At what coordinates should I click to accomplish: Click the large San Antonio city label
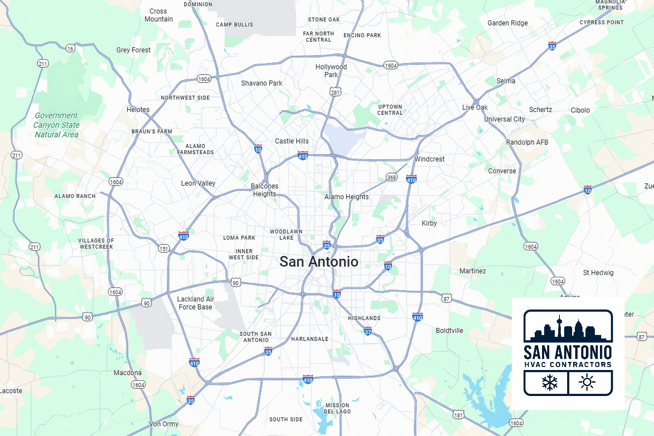tap(319, 261)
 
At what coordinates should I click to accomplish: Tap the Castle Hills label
tap(292, 141)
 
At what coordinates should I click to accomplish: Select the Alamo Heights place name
tap(346, 197)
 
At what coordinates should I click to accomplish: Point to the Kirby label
tap(429, 223)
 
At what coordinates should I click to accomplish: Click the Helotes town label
tap(138, 109)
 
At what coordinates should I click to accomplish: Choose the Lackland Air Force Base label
tap(195, 303)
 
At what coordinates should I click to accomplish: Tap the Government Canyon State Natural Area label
tap(57, 125)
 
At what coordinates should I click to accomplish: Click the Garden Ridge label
tap(508, 23)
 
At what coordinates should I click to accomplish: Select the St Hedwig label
tap(598, 272)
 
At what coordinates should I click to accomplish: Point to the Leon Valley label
tap(198, 183)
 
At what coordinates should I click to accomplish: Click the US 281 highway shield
tap(336, 92)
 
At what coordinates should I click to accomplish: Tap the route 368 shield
tap(392, 177)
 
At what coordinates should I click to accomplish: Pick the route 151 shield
tap(164, 249)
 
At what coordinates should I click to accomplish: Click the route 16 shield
tap(71, 48)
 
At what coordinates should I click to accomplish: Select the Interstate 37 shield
tap(368, 331)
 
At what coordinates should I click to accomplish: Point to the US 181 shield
tap(458, 415)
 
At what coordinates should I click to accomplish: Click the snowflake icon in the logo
tap(550, 382)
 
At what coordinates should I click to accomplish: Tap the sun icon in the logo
tap(587, 382)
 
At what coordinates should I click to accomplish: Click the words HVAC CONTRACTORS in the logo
tap(568, 364)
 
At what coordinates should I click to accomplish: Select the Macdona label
tap(127, 373)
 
